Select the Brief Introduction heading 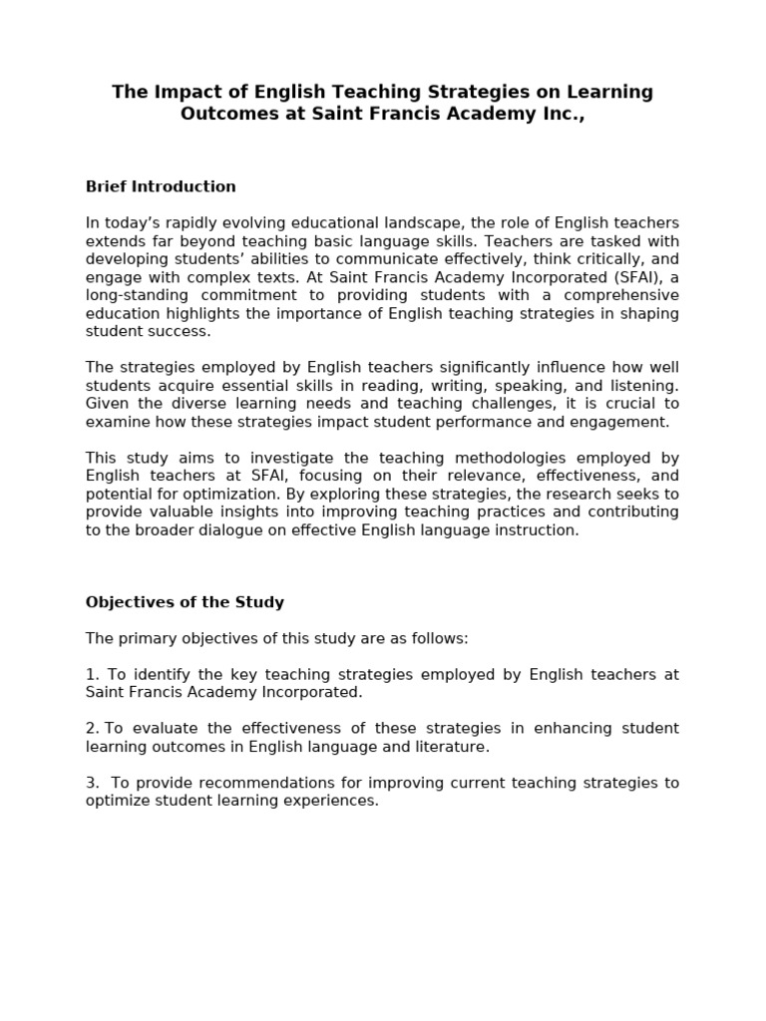[161, 186]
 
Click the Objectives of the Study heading [185, 602]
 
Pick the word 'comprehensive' [621, 295]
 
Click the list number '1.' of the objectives [92, 675]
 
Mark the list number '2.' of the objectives [92, 729]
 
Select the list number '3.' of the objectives [92, 783]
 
